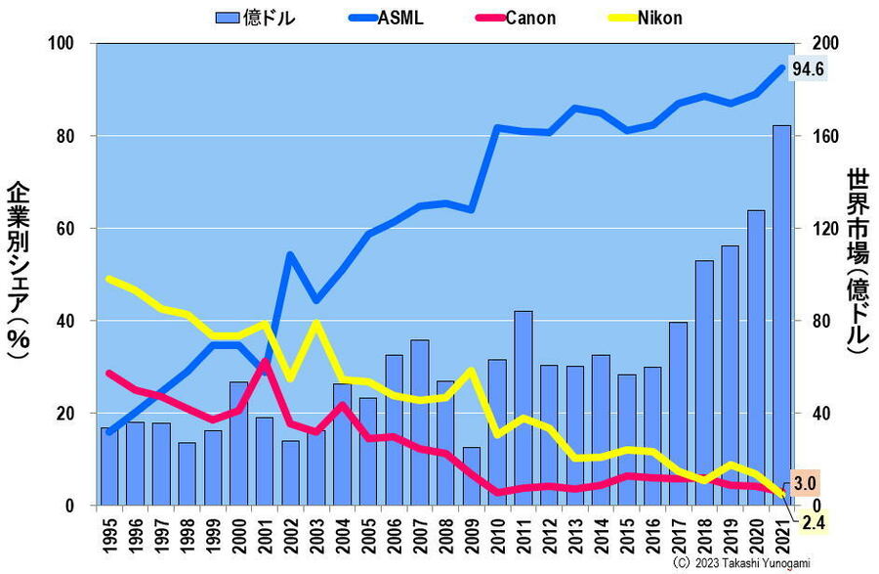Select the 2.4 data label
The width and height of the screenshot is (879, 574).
pyautogui.click(x=813, y=524)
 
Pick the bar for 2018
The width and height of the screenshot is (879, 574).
pyautogui.click(x=704, y=382)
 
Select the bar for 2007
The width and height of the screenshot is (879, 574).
pyautogui.click(x=419, y=422)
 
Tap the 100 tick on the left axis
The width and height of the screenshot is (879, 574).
pyautogui.click(x=61, y=44)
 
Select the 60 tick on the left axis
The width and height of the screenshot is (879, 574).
pyautogui.click(x=64, y=229)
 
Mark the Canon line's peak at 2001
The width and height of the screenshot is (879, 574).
pyautogui.click(x=265, y=364)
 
